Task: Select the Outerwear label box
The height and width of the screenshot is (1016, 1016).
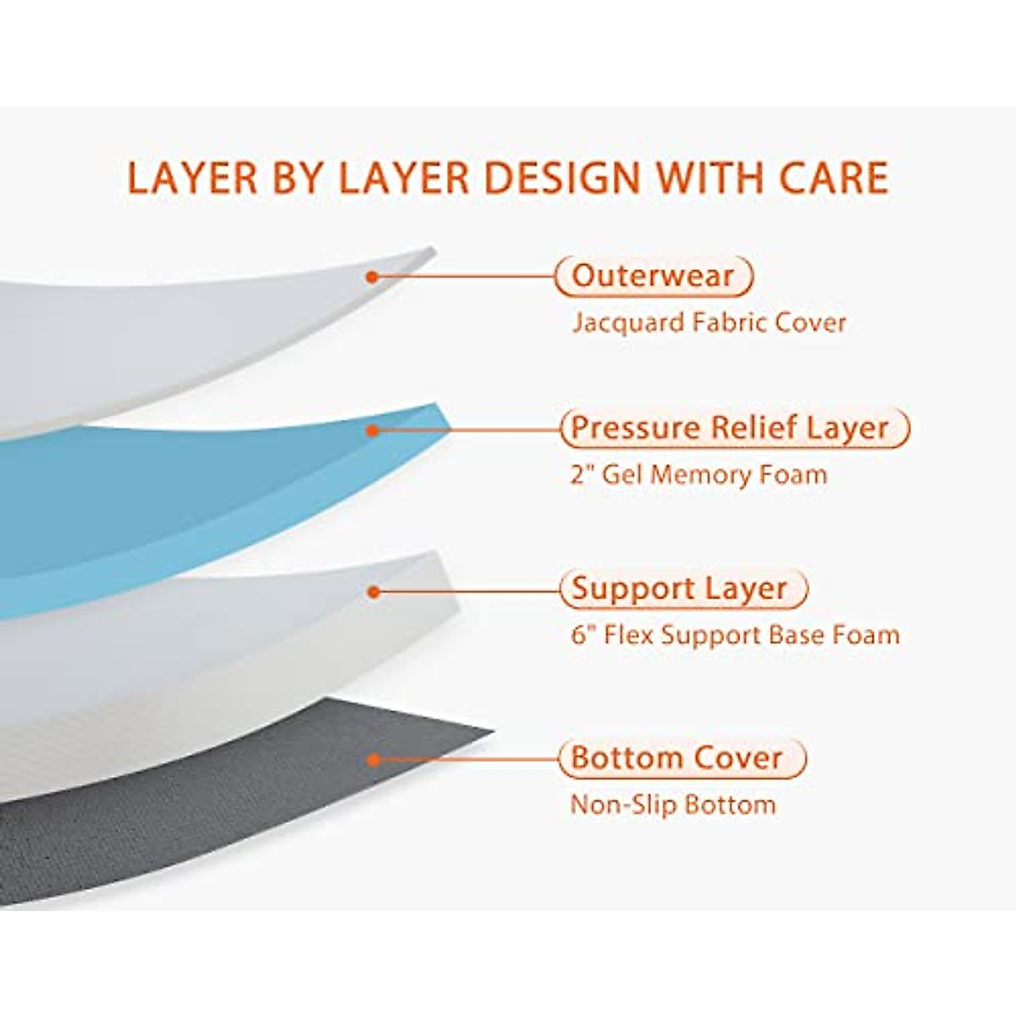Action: pyautogui.click(x=654, y=276)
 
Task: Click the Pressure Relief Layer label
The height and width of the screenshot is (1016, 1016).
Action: pyautogui.click(x=733, y=428)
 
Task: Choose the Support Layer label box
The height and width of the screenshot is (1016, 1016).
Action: pyautogui.click(x=682, y=588)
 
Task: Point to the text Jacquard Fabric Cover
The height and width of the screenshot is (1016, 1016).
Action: pyautogui.click(x=709, y=323)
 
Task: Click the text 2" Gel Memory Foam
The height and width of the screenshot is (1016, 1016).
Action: pyautogui.click(x=698, y=474)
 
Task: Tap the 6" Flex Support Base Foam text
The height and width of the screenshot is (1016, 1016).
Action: pyautogui.click(x=735, y=635)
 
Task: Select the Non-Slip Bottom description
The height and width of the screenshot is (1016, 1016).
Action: pyautogui.click(x=672, y=803)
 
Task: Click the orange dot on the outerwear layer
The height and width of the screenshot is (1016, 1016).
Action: pyautogui.click(x=371, y=276)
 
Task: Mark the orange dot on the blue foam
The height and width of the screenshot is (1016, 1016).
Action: pyautogui.click(x=372, y=430)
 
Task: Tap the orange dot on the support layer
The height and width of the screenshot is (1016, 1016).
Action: pyautogui.click(x=373, y=591)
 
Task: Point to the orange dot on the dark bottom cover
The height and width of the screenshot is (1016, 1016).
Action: pyautogui.click(x=373, y=759)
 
